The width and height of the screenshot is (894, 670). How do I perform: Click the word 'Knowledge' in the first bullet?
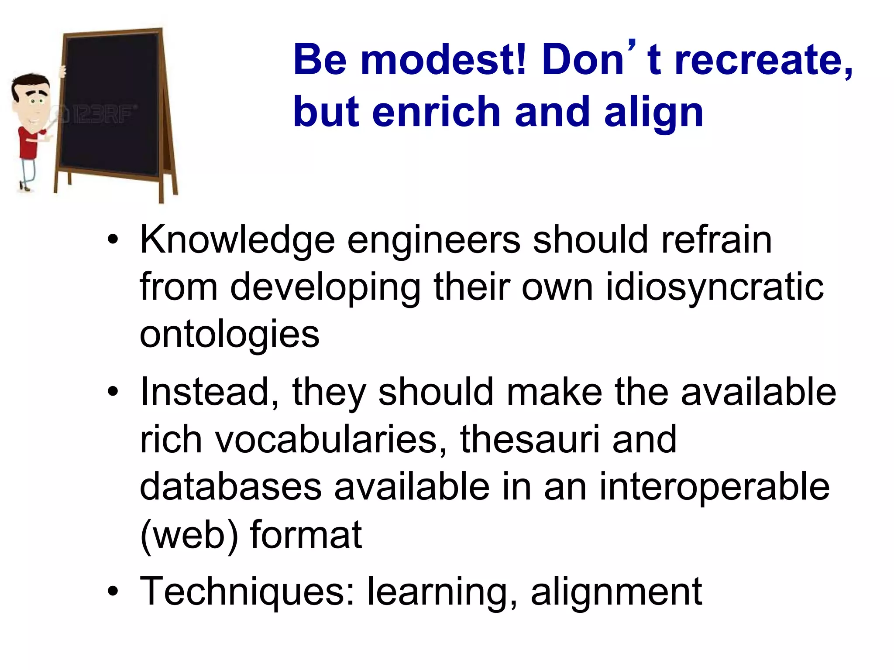coord(237,241)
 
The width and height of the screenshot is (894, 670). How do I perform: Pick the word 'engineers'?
coord(433,241)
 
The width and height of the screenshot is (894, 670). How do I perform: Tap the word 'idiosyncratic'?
coord(715,288)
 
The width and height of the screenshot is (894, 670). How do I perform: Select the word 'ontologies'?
coord(230,335)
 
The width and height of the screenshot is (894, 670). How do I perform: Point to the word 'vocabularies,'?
coord(331,440)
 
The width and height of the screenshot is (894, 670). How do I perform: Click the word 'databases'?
coord(230,487)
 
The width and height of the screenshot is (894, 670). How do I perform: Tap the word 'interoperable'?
coord(714,488)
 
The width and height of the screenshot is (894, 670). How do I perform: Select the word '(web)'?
coord(189,535)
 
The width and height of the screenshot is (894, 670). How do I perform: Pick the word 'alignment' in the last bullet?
coord(616,592)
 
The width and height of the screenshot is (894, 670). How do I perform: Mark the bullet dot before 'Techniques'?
coord(113,591)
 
